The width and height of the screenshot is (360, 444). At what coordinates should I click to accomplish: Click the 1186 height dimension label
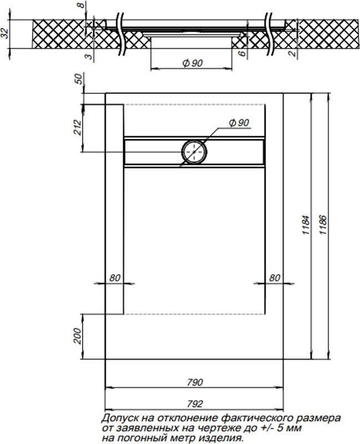322,225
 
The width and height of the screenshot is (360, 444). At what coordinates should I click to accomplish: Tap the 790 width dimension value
195,382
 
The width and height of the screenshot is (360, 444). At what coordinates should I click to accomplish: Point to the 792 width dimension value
195,403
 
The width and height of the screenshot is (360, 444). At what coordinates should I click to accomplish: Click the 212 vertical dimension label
77,128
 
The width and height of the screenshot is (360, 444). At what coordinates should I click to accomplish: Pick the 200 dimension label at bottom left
77,336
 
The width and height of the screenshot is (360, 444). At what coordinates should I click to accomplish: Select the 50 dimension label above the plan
79,79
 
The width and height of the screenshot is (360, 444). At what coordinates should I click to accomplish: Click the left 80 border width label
115,278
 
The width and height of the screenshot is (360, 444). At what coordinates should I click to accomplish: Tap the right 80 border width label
275,278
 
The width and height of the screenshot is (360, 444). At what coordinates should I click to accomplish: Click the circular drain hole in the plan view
194,152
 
